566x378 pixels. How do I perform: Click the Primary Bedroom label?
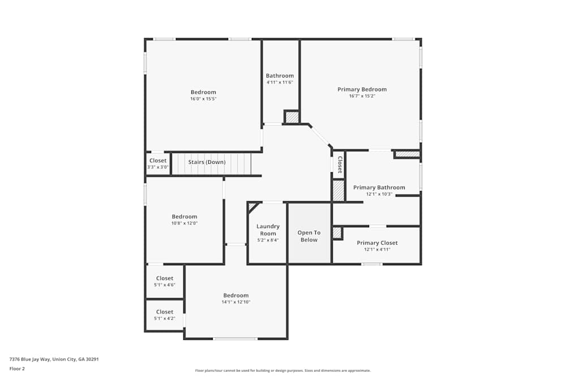click(362, 90)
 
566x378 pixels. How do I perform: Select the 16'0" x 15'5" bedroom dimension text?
click(203, 99)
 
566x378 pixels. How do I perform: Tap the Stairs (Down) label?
click(207, 162)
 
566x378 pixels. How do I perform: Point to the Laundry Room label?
click(268, 230)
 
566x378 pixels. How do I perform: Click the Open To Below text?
click(309, 236)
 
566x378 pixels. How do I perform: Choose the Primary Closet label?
click(377, 243)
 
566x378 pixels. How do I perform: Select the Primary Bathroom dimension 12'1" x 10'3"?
click(379, 194)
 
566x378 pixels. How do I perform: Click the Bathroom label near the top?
click(280, 76)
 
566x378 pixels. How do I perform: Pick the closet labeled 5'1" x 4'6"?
click(165, 281)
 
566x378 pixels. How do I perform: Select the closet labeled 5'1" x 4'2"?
click(165, 315)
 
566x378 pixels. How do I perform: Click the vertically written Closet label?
click(340, 165)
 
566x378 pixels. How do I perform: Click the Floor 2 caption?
click(17, 368)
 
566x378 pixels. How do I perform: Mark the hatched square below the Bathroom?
click(291, 117)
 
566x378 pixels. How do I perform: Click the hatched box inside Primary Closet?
click(337, 232)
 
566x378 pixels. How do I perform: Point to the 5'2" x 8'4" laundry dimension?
click(268, 240)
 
